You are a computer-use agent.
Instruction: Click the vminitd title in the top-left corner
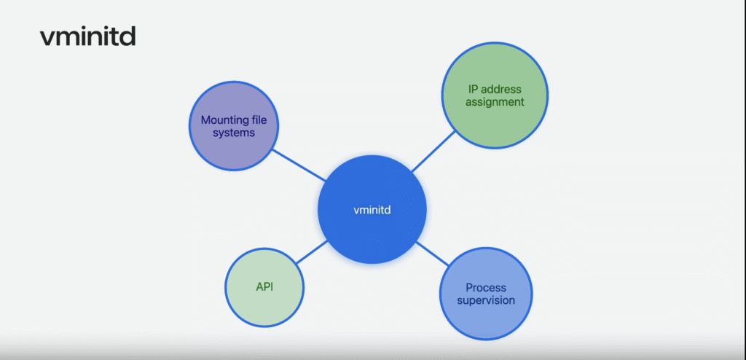click(88, 36)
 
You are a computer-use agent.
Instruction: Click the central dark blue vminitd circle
click(372, 210)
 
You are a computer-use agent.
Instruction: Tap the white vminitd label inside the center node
click(372, 210)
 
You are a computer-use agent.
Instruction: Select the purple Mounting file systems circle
click(234, 126)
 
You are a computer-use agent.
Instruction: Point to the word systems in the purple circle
click(234, 133)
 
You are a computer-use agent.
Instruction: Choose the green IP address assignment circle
click(495, 95)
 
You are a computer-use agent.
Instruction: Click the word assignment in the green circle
click(495, 102)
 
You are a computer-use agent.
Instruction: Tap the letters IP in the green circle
click(473, 89)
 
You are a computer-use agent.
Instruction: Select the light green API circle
click(264, 288)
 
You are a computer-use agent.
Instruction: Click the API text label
click(264, 288)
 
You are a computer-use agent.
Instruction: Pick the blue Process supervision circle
click(486, 294)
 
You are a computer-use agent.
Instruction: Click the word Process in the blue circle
click(486, 288)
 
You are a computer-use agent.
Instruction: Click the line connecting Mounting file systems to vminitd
click(299, 165)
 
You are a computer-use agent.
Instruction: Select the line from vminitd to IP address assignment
click(433, 152)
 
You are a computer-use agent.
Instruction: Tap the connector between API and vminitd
click(312, 252)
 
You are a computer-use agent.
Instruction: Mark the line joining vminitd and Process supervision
click(433, 254)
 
